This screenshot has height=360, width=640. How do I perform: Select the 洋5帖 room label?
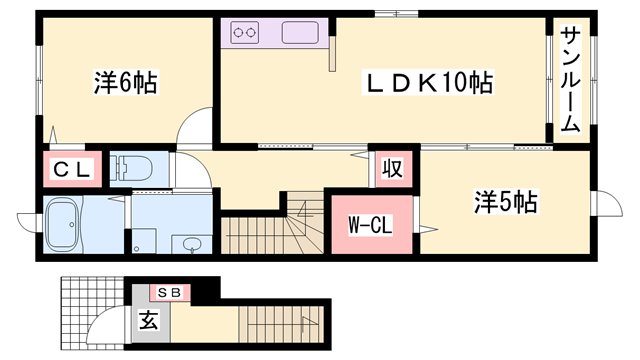click(506, 203)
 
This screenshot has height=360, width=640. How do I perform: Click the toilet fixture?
click(132, 168)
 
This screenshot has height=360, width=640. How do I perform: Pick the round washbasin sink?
click(190, 242)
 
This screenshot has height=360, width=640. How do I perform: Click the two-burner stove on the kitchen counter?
click(246, 33)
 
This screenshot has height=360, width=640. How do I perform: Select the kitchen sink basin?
click(300, 33)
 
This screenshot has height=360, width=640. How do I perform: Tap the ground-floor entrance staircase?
click(270, 326)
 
